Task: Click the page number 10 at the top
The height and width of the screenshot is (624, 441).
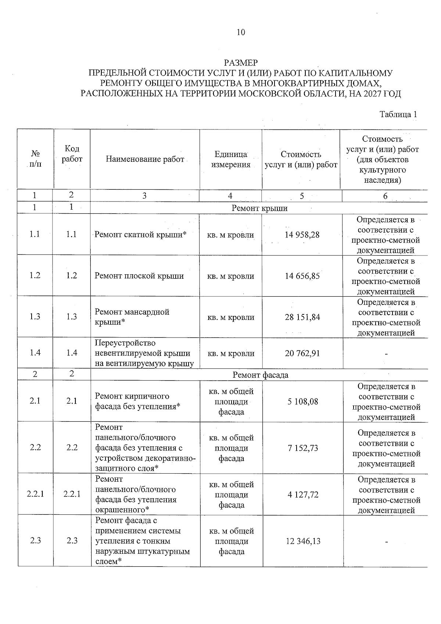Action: click(241, 32)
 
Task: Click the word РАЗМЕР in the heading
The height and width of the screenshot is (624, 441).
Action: click(241, 63)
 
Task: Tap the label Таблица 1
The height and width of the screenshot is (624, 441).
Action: click(398, 114)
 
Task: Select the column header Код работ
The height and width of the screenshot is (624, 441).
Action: click(72, 154)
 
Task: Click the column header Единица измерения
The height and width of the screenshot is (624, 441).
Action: click(230, 159)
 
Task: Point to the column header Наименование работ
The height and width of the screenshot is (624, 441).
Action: click(145, 159)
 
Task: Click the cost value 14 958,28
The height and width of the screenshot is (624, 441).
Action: click(302, 235)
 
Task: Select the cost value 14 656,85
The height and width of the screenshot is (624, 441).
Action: click(302, 276)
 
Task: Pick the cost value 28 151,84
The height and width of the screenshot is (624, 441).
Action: click(302, 317)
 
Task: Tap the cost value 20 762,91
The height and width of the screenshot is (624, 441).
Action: click(302, 353)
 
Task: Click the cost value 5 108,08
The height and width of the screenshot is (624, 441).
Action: click(302, 401)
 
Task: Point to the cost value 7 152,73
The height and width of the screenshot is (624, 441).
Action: click(302, 448)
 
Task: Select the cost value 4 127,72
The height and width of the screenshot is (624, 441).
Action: click(302, 495)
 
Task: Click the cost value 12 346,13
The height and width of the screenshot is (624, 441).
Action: click(302, 541)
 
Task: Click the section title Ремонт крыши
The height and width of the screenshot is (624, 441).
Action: click(259, 208)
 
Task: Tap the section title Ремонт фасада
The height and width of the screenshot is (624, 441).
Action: click(260, 375)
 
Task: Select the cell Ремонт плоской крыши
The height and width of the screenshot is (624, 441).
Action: click(139, 276)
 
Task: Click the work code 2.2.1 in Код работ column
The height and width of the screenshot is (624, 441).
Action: click(72, 494)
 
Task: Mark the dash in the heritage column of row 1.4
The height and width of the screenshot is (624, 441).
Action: click(386, 354)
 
